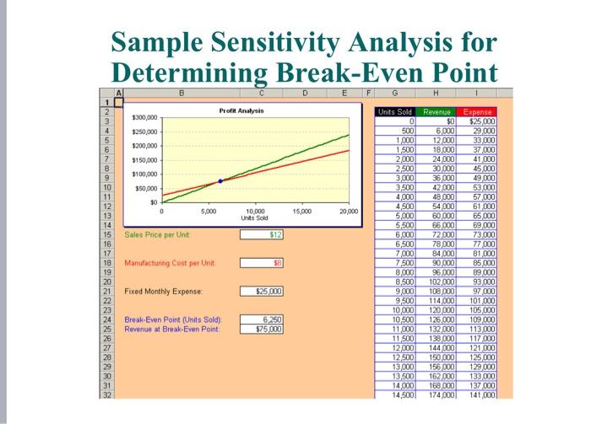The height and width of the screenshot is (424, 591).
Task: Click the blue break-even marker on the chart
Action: (x=221, y=181)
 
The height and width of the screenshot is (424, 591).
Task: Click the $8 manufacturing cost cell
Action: (x=263, y=263)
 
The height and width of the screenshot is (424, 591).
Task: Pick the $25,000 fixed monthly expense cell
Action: (x=263, y=292)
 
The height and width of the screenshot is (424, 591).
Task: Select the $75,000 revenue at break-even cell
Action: (x=263, y=329)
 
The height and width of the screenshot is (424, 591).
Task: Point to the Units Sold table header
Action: (x=395, y=110)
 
